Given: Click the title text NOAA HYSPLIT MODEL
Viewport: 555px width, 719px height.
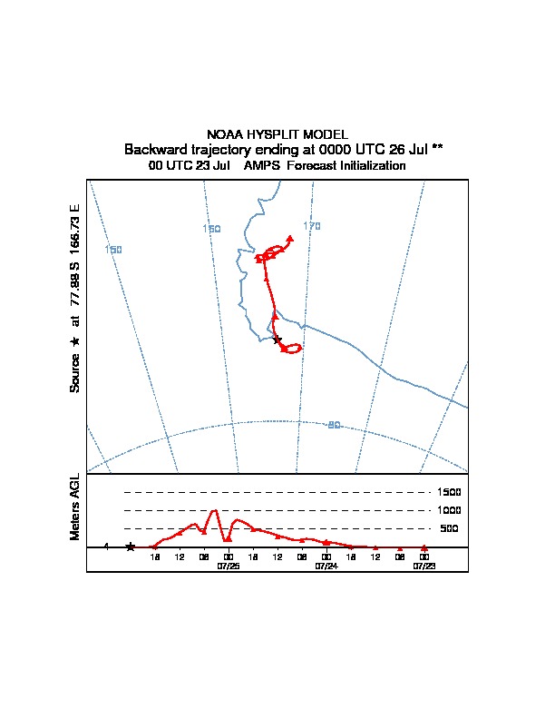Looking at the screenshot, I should click(x=277, y=134).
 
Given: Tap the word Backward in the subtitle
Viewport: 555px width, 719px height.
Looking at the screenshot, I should click(x=154, y=149).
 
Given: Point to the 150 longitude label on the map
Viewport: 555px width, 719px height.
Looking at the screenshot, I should click(x=113, y=250).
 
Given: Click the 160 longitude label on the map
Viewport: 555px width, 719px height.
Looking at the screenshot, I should click(x=211, y=229).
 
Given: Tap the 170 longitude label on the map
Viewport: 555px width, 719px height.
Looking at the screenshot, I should click(x=312, y=226).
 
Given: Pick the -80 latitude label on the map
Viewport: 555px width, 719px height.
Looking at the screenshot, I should click(x=333, y=425).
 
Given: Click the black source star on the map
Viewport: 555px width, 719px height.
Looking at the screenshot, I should click(x=277, y=340).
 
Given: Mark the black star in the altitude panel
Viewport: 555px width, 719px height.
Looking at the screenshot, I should click(x=131, y=547).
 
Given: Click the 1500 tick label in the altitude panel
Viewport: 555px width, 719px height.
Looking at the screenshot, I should click(x=450, y=492).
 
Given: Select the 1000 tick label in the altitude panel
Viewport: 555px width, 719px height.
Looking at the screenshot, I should click(x=450, y=510).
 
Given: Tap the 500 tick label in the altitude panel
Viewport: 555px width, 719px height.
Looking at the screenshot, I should click(x=449, y=528).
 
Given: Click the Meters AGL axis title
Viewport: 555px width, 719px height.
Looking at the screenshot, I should click(x=75, y=507).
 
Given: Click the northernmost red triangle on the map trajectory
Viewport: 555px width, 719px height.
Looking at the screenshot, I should click(x=290, y=238).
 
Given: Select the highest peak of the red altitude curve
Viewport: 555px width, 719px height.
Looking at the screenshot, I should click(x=215, y=510).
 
